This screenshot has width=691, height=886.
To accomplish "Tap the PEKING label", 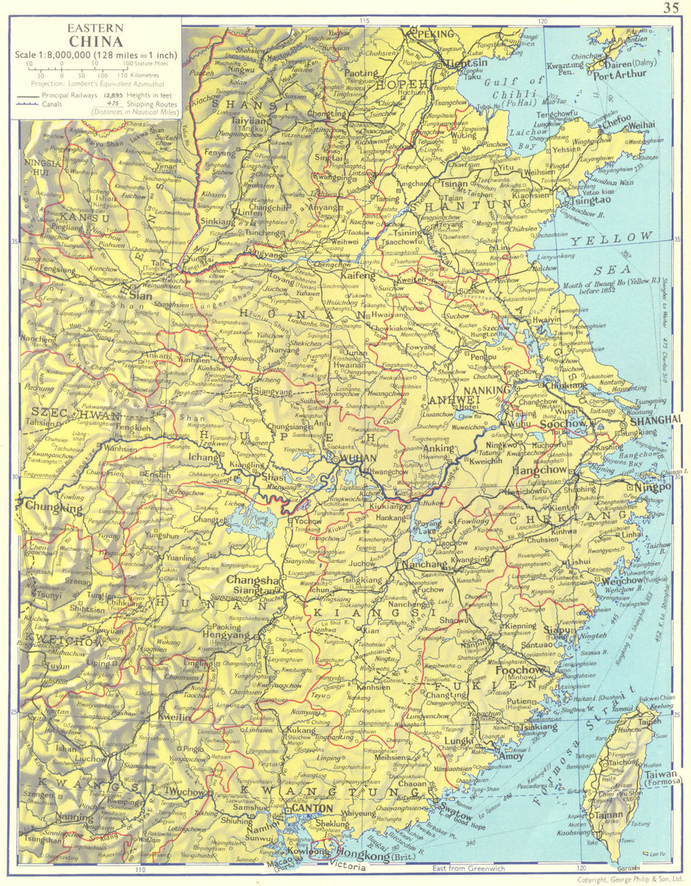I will [x=433, y=33].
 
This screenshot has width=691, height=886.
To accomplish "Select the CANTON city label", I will [x=312, y=808].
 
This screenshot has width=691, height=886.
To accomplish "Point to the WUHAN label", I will [x=359, y=458].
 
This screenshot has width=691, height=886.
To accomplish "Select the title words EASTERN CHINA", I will [x=95, y=34].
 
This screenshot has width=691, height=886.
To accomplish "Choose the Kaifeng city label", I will [x=357, y=275].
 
